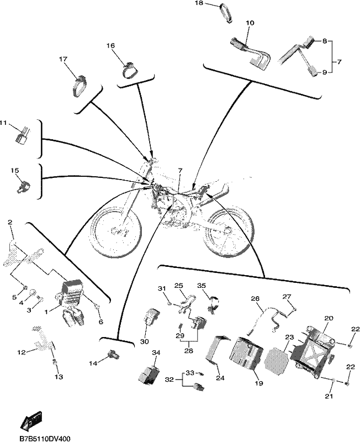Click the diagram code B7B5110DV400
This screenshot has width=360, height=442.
click(45, 439)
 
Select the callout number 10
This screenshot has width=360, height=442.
click(250, 23)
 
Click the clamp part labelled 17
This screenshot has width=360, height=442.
click(78, 86)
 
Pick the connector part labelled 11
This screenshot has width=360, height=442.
click(23, 136)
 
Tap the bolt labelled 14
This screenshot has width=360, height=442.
click(114, 355)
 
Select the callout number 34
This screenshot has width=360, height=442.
click(156, 352)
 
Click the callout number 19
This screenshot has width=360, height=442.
click(258, 383)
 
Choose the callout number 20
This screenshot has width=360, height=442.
click(329, 318)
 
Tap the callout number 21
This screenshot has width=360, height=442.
click(329, 396)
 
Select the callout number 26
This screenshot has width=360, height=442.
click(255, 298)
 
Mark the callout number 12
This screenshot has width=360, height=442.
click(22, 352)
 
